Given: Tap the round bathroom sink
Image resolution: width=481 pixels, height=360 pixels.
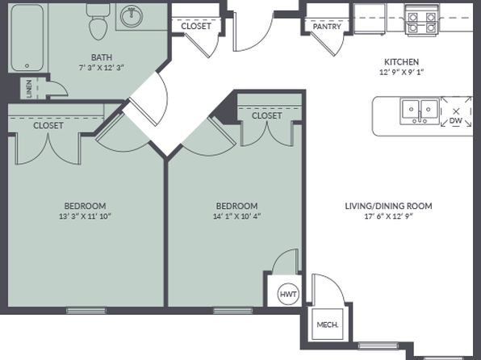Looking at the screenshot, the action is tap(132, 16).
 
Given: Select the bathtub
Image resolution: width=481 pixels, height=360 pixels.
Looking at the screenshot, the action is tap(27, 37).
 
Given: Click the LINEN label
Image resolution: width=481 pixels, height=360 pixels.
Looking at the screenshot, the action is tap(29, 89).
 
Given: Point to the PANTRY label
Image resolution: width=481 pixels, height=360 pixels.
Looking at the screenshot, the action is tap(327, 27).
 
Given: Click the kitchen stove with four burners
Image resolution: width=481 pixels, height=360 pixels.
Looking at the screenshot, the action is tap(422, 20).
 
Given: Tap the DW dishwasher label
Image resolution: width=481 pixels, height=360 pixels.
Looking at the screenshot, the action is tap(456, 120).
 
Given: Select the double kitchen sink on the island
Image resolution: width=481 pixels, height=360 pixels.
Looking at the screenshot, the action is tap(420, 111).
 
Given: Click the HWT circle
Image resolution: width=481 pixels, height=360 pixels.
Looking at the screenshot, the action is tap(289, 294).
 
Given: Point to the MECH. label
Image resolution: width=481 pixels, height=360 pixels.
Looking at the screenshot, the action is tap(328, 324).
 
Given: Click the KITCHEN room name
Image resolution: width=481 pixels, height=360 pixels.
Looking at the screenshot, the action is tap(402, 62).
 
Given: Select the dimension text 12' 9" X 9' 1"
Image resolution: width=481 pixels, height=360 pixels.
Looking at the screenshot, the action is tap(402, 73).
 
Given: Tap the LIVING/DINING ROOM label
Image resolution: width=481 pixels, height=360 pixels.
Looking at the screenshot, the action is tap(389, 206).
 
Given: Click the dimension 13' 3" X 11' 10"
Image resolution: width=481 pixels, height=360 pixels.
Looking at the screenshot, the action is tap(85, 216).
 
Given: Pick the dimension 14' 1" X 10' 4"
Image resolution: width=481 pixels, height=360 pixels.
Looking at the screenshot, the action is tap(236, 216).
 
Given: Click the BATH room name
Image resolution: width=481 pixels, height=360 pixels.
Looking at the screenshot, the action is tap(102, 57).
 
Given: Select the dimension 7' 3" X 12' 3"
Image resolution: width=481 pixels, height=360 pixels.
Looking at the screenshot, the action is tap(102, 68).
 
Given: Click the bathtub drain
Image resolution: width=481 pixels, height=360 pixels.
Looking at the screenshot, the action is tap(27, 65).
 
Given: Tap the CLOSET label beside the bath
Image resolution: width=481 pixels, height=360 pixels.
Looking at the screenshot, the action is tap(196, 26).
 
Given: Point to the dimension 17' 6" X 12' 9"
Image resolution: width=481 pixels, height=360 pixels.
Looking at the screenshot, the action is tap(389, 216).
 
